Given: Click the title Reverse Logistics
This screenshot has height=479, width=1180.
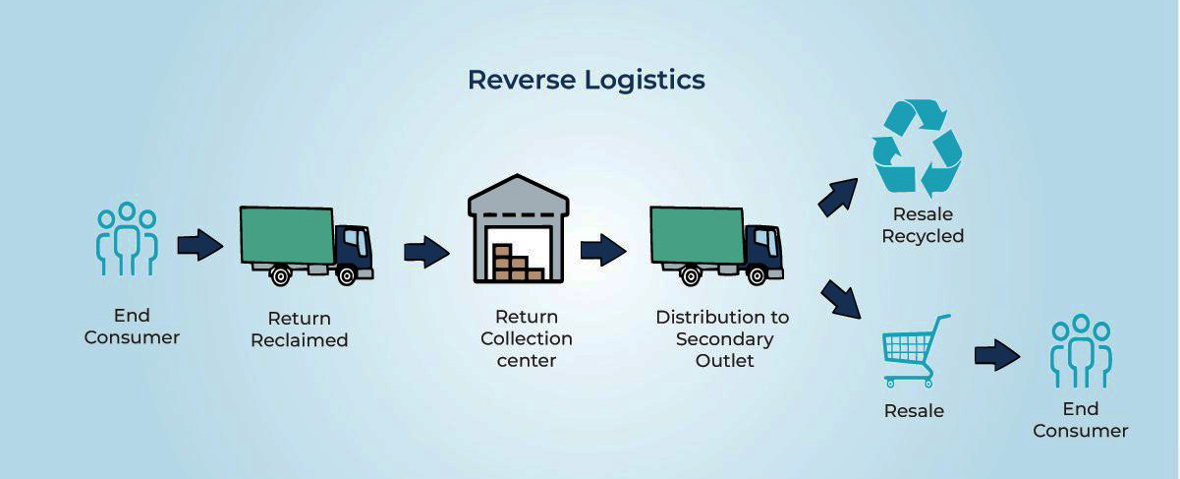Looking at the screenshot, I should tap(586, 80).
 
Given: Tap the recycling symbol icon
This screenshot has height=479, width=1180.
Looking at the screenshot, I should tap(917, 147).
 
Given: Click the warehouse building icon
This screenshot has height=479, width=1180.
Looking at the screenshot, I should tap(518, 231).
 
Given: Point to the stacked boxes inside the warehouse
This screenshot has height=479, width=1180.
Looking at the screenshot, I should tap(517, 264).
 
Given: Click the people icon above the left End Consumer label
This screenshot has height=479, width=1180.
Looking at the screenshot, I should tap(126, 239).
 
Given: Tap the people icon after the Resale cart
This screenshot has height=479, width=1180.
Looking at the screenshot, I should tap(1080, 351).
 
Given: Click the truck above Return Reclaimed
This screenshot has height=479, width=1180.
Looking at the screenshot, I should tap(306, 244).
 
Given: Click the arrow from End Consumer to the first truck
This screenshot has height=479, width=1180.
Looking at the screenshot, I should tap(200, 245).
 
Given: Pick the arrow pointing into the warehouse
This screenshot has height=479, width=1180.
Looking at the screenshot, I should tap(426, 252).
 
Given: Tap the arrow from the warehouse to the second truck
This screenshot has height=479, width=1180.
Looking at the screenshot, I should tap(602, 250).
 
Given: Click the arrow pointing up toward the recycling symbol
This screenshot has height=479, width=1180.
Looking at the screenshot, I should tap(837, 198).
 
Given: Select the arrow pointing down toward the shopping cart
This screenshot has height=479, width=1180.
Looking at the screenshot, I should tap(839, 298).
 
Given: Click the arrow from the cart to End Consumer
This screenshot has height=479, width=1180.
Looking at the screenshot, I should tap(997, 355).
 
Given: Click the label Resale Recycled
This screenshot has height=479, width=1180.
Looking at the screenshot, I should tap(922, 225).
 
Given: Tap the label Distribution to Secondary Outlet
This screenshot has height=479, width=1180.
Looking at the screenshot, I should tap(722, 338).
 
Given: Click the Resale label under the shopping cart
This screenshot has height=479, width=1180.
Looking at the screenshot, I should tap(914, 410).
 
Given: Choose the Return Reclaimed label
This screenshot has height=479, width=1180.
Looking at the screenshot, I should tap(300, 329).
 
